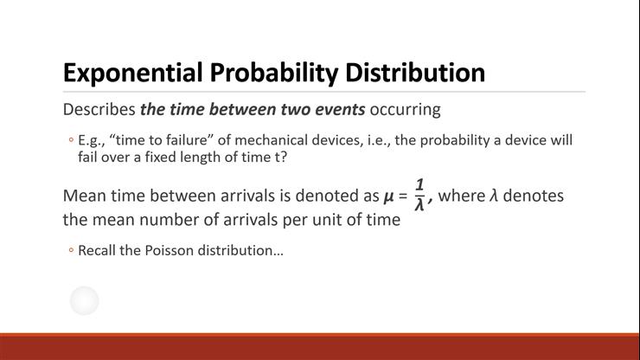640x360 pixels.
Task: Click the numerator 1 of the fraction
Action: (419, 184)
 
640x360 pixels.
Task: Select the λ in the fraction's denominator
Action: (419, 205)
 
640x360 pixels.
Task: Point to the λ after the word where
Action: (494, 196)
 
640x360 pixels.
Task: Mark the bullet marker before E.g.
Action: (71, 141)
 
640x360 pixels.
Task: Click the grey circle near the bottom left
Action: (84, 301)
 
